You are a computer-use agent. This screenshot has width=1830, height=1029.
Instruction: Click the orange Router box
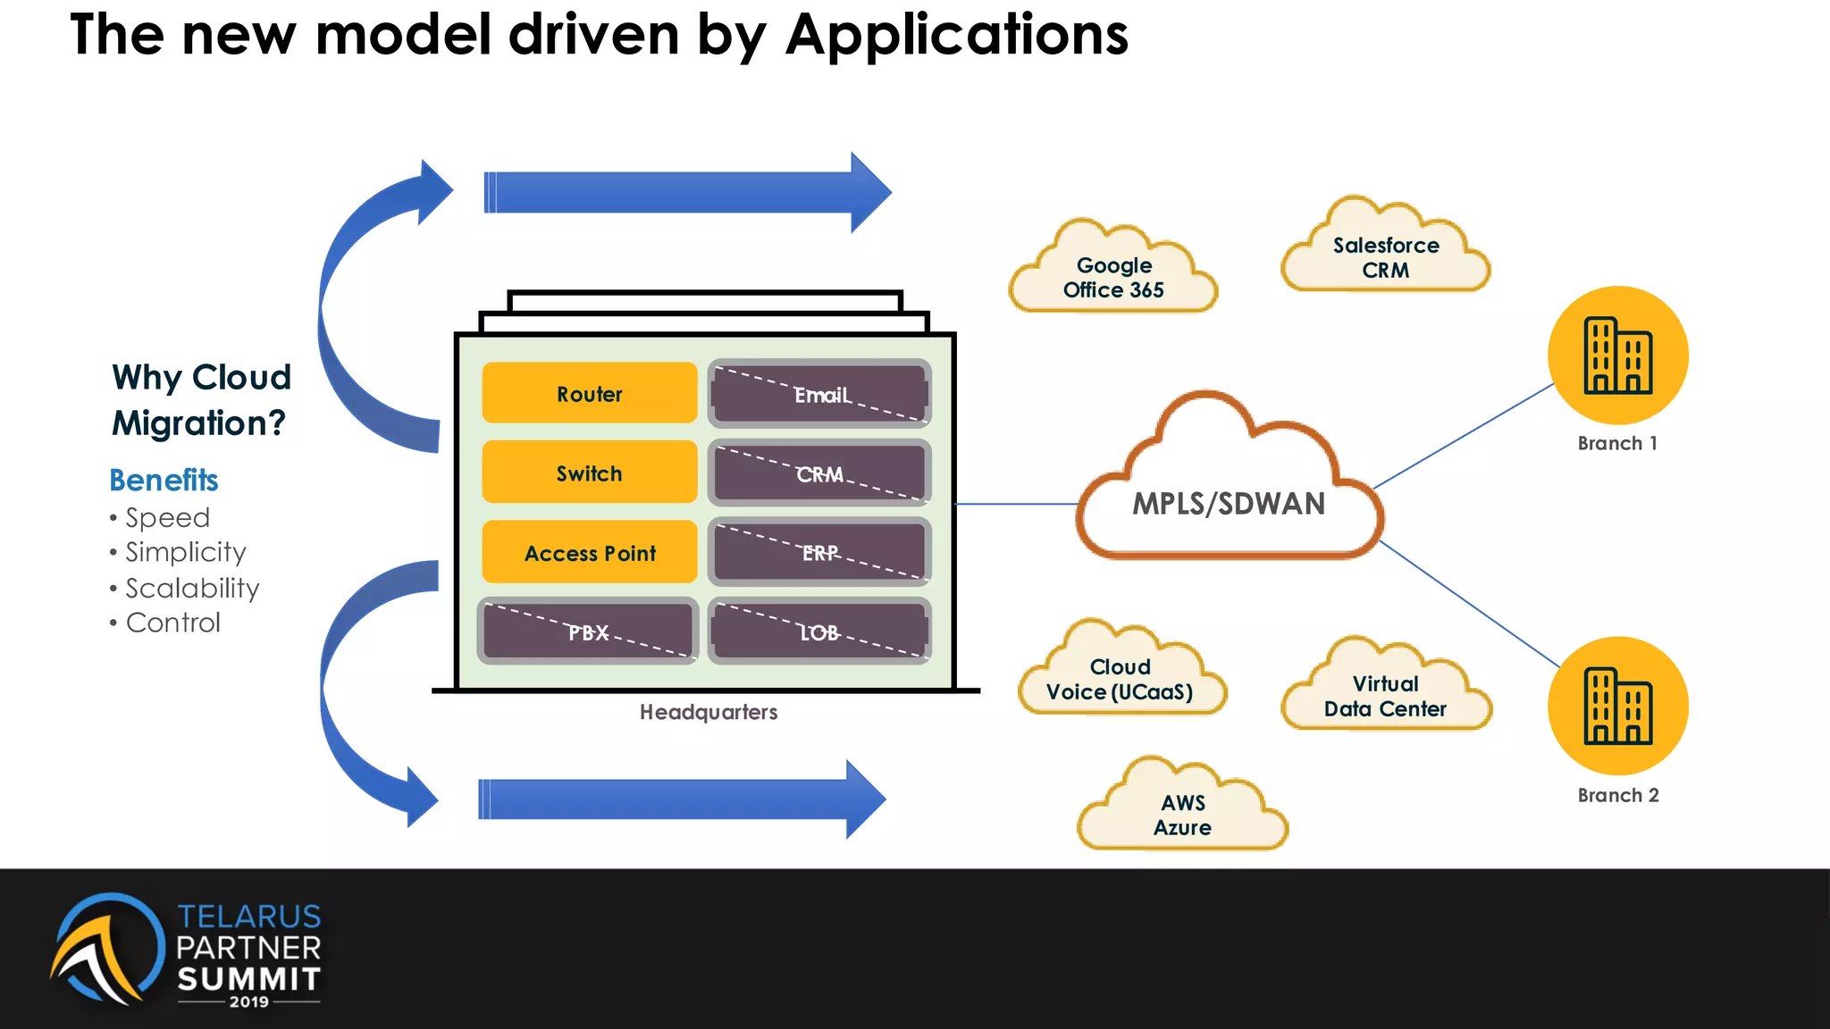point(590,393)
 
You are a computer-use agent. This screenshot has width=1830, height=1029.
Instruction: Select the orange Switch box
point(590,473)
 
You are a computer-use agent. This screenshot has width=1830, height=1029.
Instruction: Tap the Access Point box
point(590,552)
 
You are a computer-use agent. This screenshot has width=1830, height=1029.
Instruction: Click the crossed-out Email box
point(819,394)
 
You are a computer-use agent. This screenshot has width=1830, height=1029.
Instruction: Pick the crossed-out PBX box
point(588,632)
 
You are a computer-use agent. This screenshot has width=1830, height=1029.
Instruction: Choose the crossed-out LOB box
point(819,632)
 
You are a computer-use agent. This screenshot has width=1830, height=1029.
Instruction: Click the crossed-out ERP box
point(819,552)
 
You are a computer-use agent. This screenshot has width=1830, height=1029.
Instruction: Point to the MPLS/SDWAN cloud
point(1229,503)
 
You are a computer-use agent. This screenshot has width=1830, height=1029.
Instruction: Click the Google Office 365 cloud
point(1113,277)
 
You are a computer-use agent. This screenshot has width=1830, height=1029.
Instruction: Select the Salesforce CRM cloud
point(1386,257)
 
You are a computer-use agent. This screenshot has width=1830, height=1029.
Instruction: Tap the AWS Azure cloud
point(1182,815)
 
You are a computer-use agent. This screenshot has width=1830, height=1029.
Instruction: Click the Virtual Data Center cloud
point(1385,696)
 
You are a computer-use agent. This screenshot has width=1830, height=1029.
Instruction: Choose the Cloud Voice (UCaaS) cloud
point(1121,679)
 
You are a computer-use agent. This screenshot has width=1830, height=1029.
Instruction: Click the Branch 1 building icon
point(1618,356)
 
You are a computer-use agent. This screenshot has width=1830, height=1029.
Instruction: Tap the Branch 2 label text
point(1618,795)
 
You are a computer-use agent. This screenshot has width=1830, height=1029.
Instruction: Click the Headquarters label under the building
point(709,712)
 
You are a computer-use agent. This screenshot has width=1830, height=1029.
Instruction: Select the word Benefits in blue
point(164,481)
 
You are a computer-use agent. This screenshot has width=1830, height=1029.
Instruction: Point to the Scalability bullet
point(192,588)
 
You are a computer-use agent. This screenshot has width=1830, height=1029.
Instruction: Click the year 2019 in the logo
point(248,1002)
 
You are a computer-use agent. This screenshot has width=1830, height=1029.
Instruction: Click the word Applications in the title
point(956,36)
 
